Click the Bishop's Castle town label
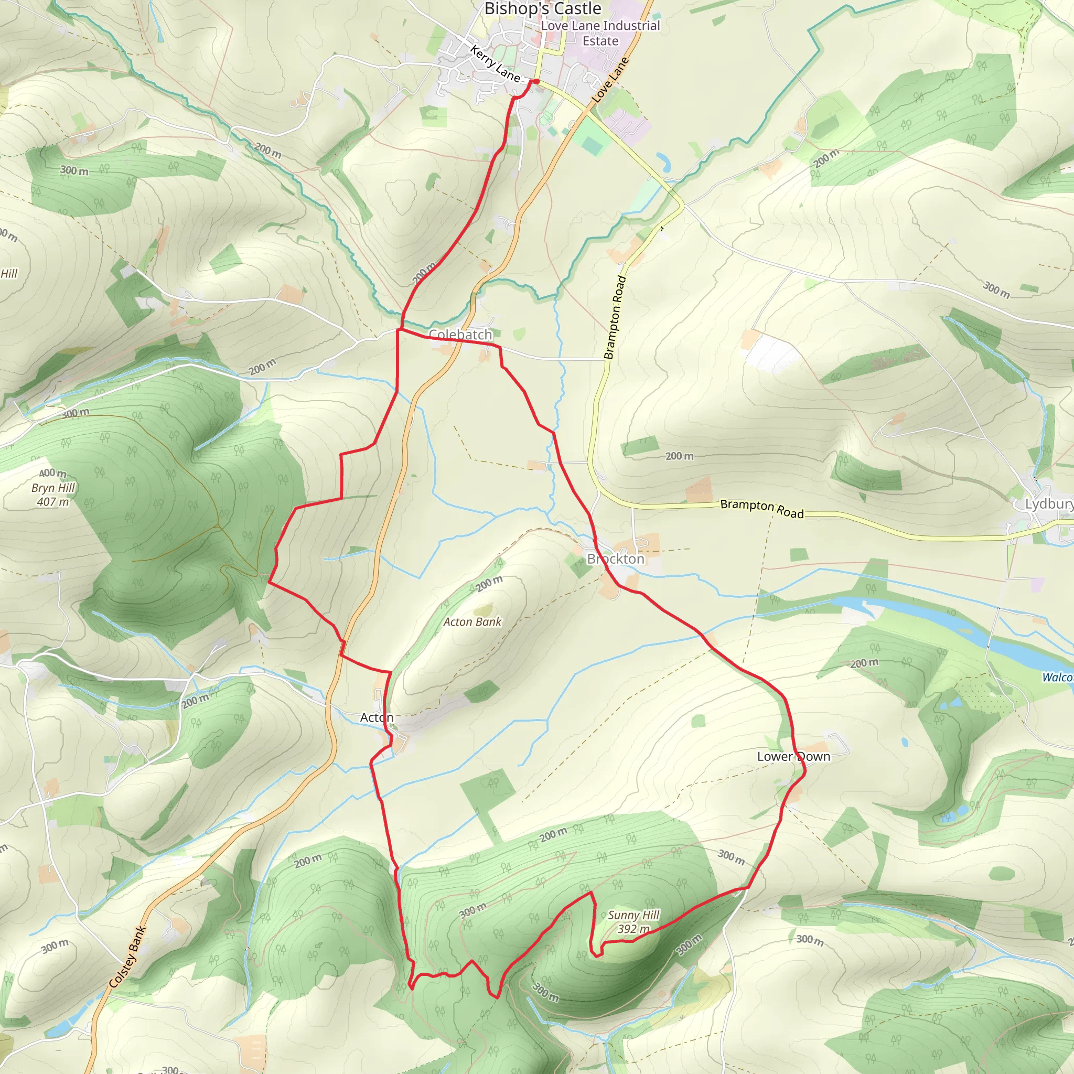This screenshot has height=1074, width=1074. pos(543,9)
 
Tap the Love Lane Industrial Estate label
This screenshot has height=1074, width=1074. pos(600,34)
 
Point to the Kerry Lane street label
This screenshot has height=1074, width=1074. pos(495,64)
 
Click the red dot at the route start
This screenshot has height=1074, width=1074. pos(536,82)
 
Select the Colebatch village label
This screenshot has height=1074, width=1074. pos(460,335)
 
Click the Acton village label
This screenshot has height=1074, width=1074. pos(377,718)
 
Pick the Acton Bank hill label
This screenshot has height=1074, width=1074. pos(472,622)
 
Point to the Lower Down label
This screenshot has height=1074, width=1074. pos(793,757)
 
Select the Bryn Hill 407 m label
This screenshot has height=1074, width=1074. pos(53,495)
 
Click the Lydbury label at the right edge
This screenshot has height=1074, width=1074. pos(1049,504)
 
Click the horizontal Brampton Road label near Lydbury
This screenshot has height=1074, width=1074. pos(761,509)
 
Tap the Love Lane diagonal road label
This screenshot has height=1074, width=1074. pos(610,80)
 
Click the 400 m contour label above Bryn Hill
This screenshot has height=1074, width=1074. pos(53,473)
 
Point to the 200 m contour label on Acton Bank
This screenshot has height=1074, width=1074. pos(489,584)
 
